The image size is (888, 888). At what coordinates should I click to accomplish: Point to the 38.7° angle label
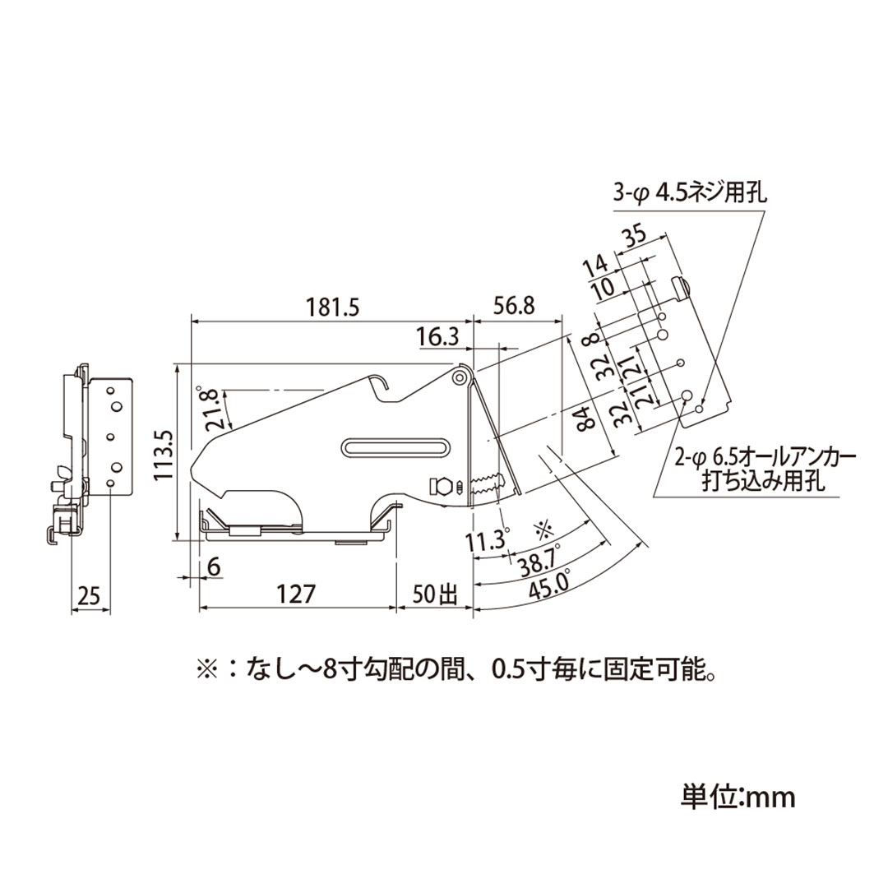tap(539, 559)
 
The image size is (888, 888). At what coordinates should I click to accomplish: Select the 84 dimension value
tap(585, 418)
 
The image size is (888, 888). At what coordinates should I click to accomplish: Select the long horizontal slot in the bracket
tap(395, 446)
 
